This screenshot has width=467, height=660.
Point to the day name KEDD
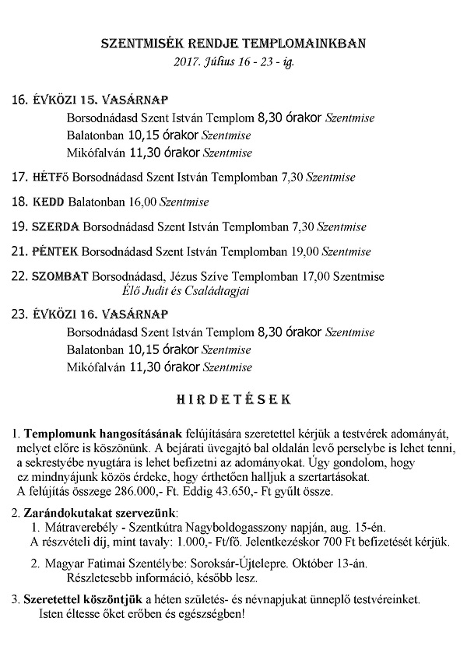pos(48,202)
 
